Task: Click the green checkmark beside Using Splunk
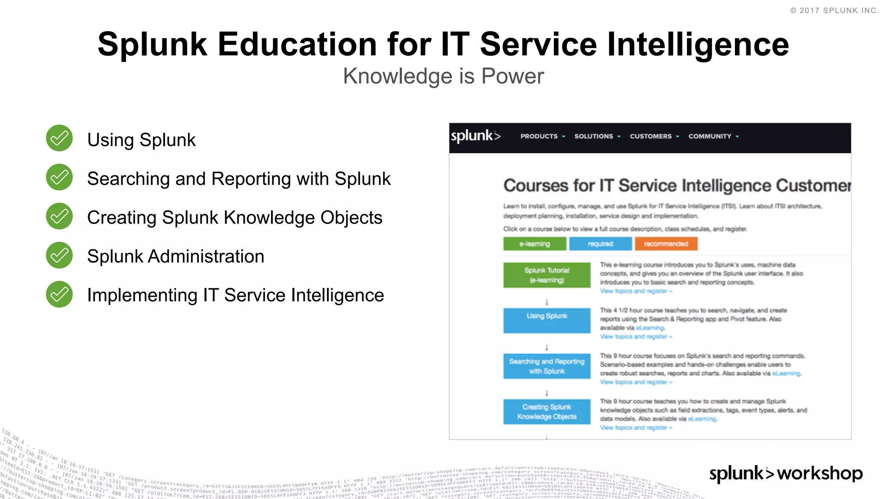(x=59, y=138)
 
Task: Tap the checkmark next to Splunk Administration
(x=59, y=255)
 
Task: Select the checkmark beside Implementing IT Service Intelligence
(x=59, y=294)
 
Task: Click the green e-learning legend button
(x=534, y=244)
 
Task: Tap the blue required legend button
(x=600, y=244)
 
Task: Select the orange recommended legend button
(x=666, y=244)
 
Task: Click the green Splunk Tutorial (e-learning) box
(x=547, y=275)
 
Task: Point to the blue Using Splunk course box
(x=547, y=320)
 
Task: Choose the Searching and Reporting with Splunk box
(x=547, y=366)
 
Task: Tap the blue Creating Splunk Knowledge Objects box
(x=547, y=412)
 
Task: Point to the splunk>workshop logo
(x=786, y=473)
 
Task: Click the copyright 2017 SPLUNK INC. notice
(x=834, y=10)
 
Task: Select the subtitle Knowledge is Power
(x=443, y=76)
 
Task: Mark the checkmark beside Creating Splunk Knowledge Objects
(x=59, y=216)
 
